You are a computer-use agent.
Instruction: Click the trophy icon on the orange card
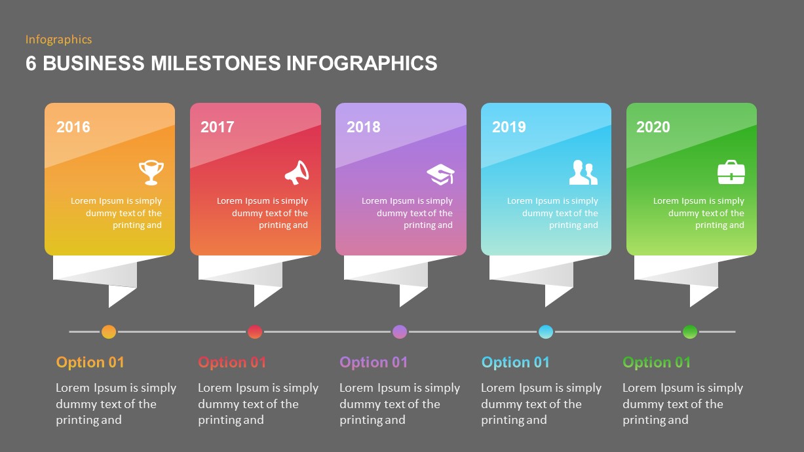[151, 172]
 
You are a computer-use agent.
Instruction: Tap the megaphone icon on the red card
[297, 172]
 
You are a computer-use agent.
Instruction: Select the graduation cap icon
[440, 174]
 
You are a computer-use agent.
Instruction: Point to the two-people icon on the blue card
[583, 172]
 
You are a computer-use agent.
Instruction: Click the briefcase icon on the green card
[731, 172]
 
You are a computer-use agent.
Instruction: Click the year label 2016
[73, 127]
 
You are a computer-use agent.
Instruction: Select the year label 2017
[218, 127]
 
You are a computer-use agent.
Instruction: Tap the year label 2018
[364, 127]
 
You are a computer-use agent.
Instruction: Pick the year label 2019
[509, 127]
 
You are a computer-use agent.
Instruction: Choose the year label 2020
[653, 127]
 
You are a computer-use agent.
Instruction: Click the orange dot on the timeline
[109, 331]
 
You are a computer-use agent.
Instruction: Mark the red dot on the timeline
[255, 331]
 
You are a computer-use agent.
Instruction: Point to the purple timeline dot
[400, 331]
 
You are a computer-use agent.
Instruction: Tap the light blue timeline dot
[546, 331]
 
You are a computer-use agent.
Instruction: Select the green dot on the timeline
[690, 331]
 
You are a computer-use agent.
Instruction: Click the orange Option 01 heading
[90, 362]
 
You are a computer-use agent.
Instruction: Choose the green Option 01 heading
[657, 362]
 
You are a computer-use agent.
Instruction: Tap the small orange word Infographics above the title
[58, 39]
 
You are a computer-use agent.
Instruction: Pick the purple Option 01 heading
[373, 362]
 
